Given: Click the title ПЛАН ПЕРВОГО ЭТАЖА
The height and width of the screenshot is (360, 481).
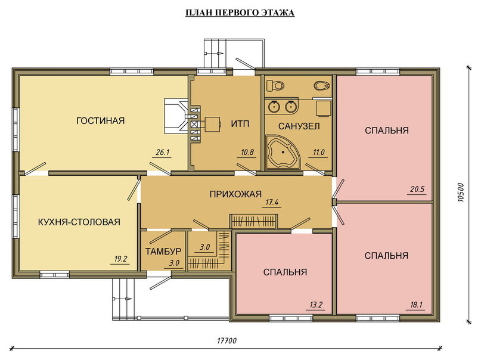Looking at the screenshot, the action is pyautogui.click(x=240, y=13).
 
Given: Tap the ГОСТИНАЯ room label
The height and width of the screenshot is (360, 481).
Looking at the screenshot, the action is pyautogui.click(x=100, y=120).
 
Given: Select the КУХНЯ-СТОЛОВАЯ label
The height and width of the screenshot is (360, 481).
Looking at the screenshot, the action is pyautogui.click(x=79, y=222).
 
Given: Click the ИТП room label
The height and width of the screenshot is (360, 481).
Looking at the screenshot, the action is pyautogui.click(x=240, y=124).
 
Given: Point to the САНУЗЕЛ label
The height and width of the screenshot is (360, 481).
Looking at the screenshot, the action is pyautogui.click(x=299, y=126).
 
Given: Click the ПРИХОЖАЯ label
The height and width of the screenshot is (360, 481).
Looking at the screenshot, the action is pyautogui.click(x=235, y=194).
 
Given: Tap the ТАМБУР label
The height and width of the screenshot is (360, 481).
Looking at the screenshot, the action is pyautogui.click(x=163, y=252).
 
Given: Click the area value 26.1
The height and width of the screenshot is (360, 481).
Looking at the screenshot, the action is pyautogui.click(x=163, y=152).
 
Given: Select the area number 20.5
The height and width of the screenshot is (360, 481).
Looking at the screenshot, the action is pyautogui.click(x=417, y=189).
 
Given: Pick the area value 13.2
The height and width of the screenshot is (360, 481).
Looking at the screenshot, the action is pyautogui.click(x=316, y=305).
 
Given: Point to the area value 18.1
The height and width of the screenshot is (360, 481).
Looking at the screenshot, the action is pyautogui.click(x=416, y=305).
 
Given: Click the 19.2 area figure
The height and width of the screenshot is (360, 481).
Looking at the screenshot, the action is pyautogui.click(x=120, y=259).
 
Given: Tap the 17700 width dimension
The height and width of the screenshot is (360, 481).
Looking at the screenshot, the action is pyautogui.click(x=226, y=341).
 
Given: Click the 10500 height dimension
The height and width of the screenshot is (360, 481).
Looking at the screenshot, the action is pyautogui.click(x=461, y=193).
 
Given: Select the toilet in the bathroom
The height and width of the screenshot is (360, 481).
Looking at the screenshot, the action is pyautogui.click(x=275, y=85).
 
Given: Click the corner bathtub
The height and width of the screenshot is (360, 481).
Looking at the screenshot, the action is pyautogui.click(x=283, y=151).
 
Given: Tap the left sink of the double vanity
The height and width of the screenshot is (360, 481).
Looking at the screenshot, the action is pyautogui.click(x=274, y=107).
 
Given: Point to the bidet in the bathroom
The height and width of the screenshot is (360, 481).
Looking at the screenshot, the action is pyautogui.click(x=322, y=85).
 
